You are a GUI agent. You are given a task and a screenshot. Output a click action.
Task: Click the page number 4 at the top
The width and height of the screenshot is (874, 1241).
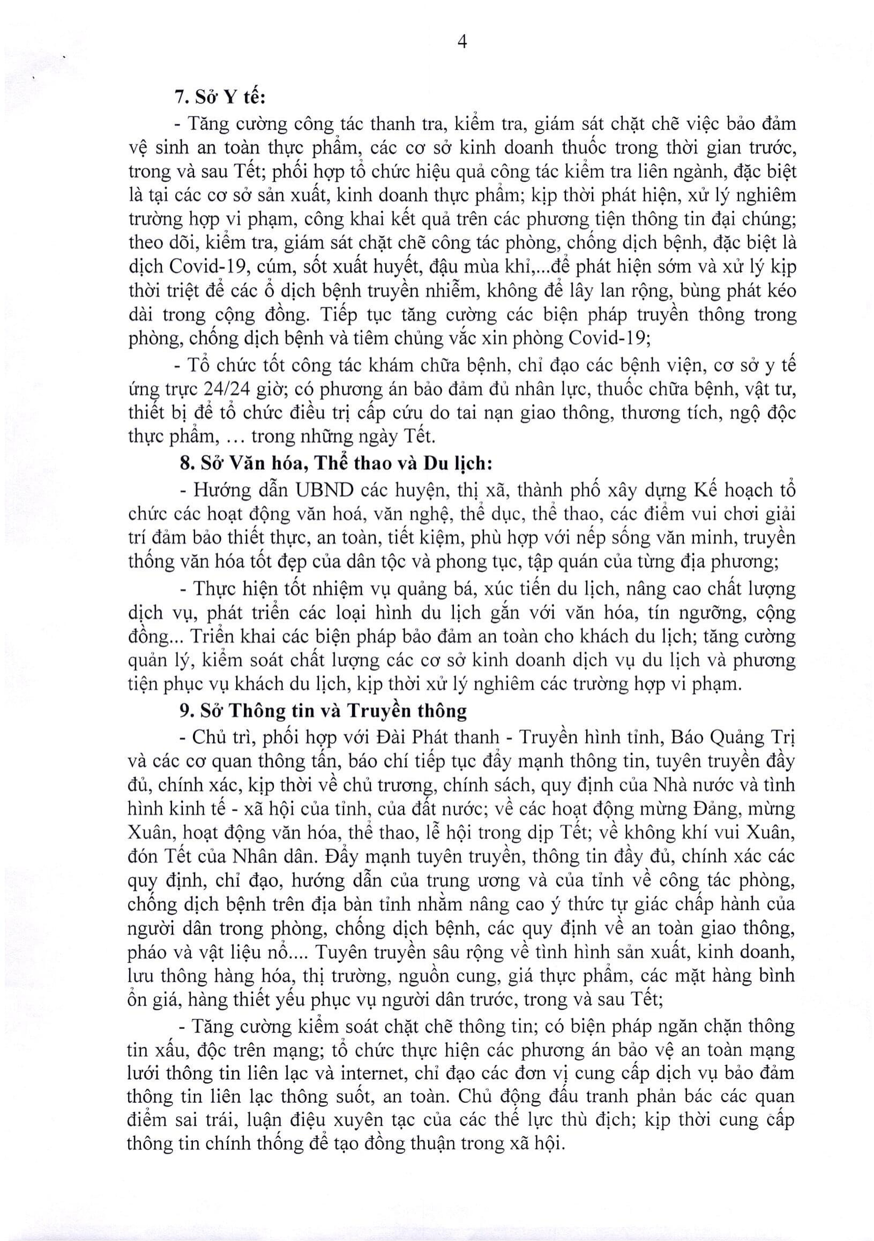pyautogui.click(x=462, y=42)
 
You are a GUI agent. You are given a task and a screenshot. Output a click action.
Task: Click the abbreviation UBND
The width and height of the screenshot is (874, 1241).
pyautogui.click(x=324, y=491)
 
